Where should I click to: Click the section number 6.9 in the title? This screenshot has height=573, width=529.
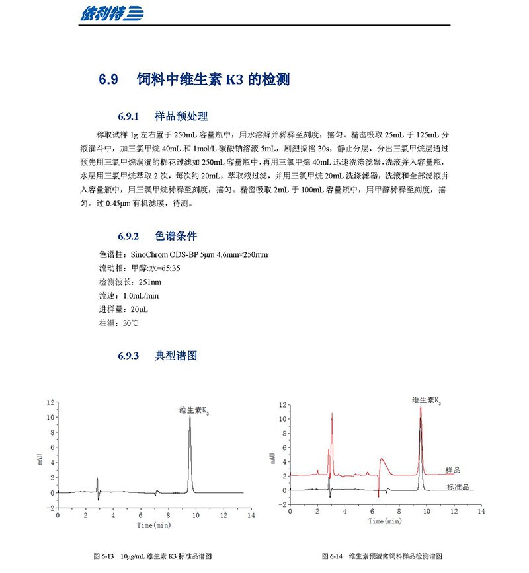[x=108, y=80]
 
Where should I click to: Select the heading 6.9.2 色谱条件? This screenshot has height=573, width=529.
[x=157, y=236]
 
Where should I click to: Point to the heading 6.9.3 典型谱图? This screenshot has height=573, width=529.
[x=157, y=356]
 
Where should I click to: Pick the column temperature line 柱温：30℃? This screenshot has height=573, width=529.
[x=118, y=323]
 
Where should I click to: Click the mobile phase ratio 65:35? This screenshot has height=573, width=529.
[x=167, y=268]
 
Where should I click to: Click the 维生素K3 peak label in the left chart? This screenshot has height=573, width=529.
[x=198, y=410]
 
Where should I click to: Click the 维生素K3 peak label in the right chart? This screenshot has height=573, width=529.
[x=427, y=401]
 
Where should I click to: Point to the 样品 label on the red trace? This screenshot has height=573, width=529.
[x=453, y=470]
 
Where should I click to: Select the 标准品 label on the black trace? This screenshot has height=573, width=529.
[x=458, y=487]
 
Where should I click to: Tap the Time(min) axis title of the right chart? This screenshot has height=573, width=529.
[x=386, y=522]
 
